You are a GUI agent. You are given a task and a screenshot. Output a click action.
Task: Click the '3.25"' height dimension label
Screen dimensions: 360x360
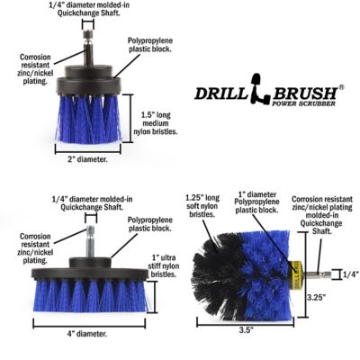pos(315,294)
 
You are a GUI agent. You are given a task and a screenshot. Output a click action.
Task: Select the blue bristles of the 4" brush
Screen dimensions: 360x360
pos(90,296)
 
